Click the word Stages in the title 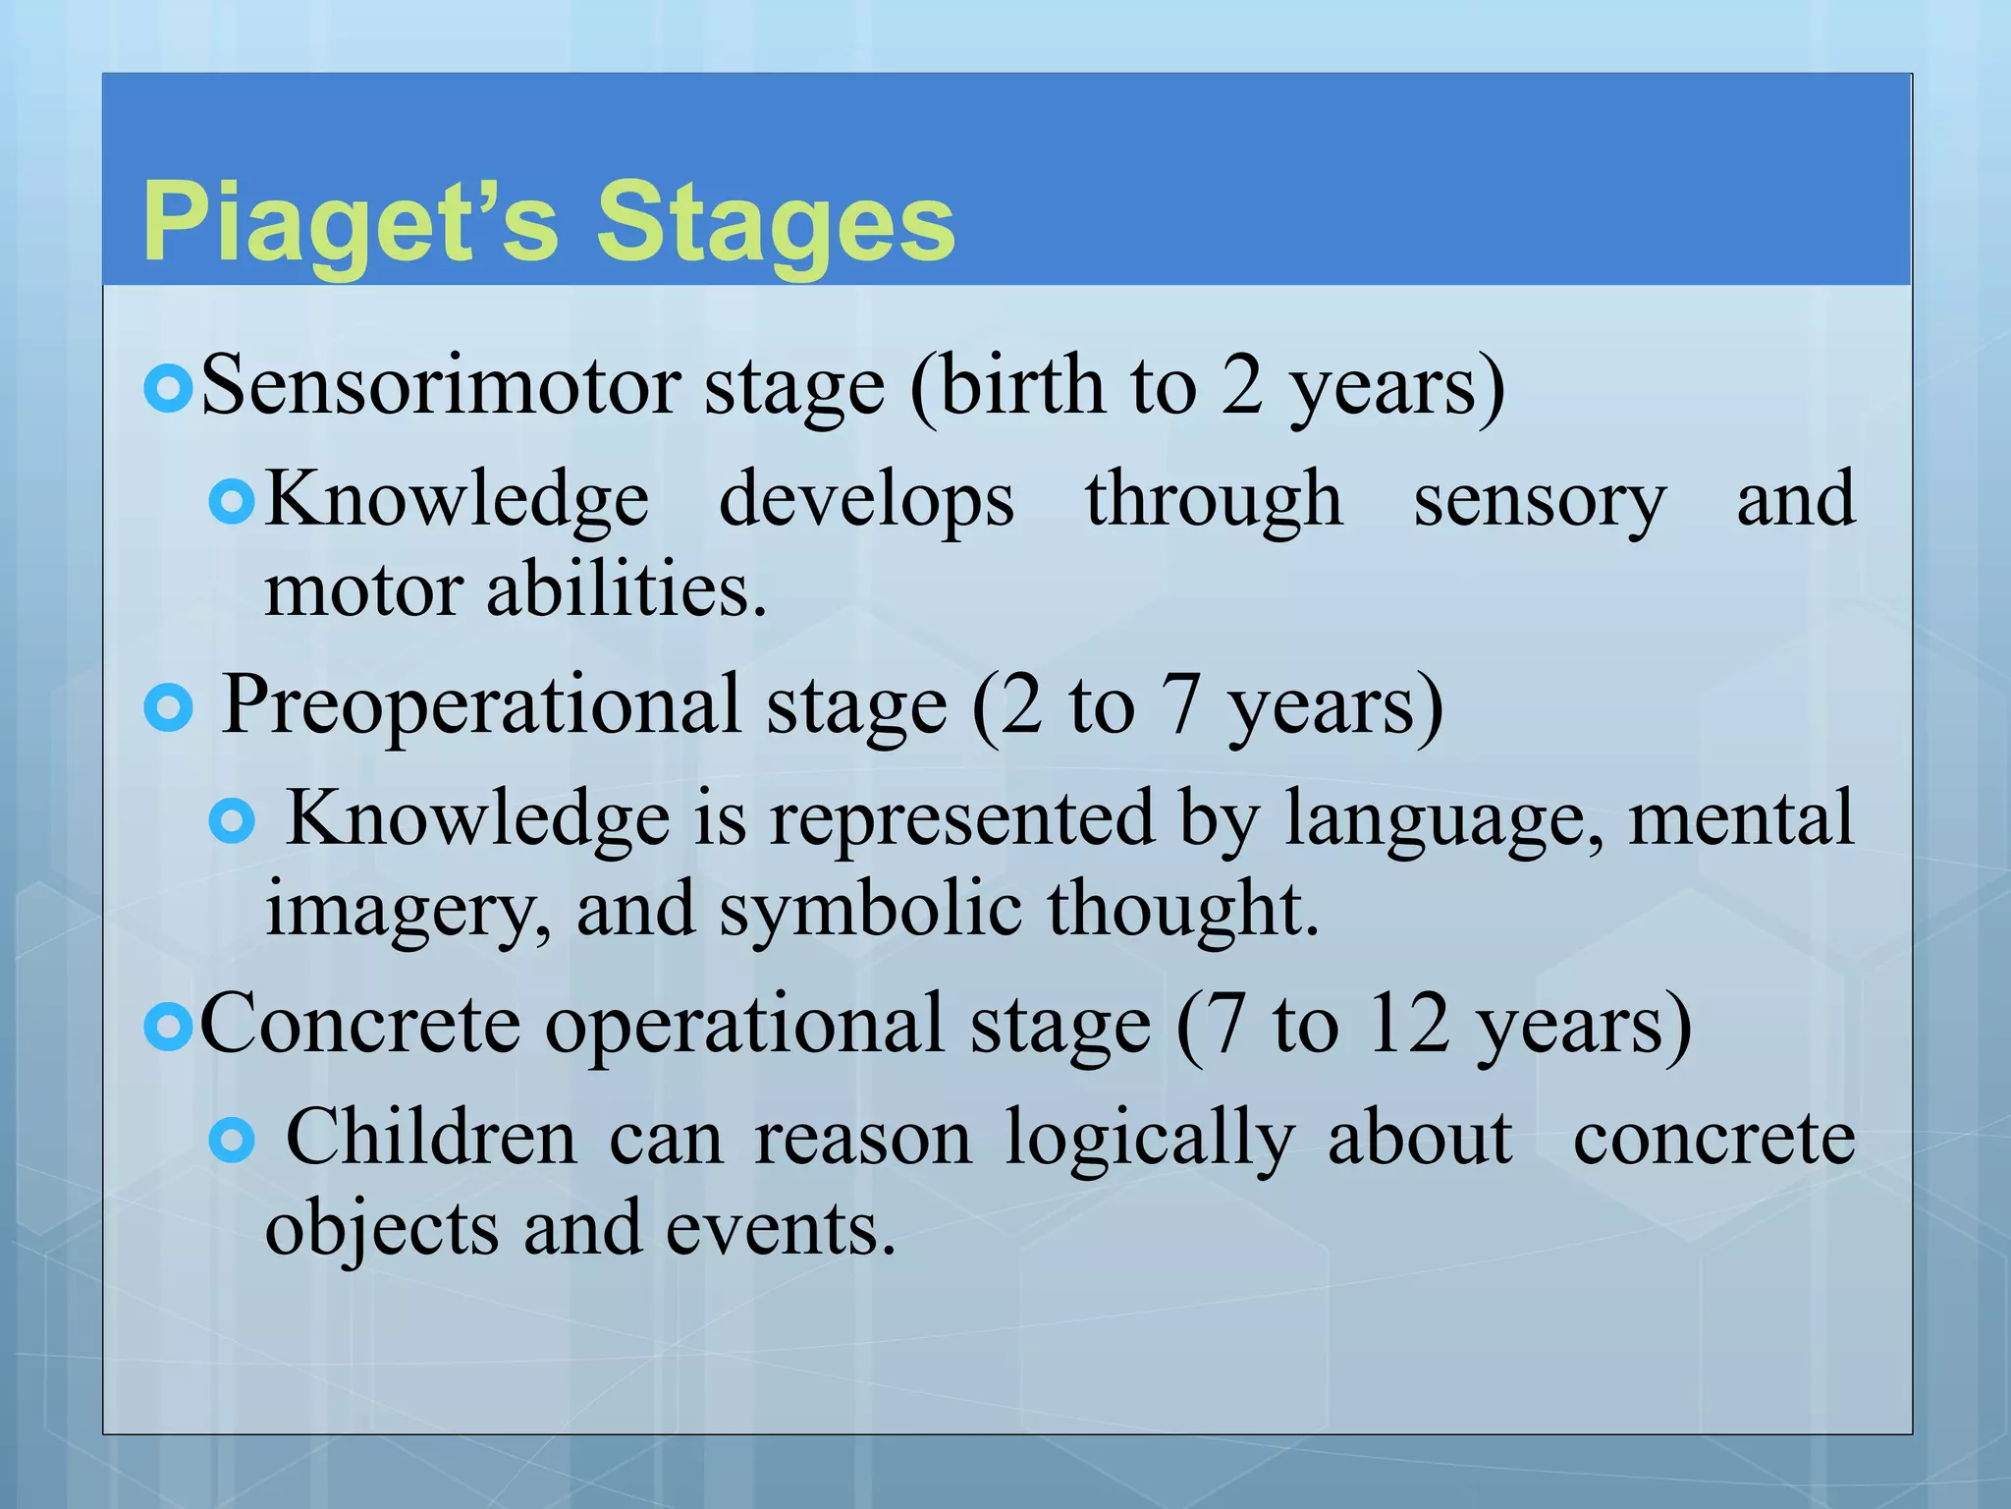point(776,223)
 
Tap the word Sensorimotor point(440,386)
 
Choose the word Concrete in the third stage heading point(359,1025)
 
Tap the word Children point(431,1138)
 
